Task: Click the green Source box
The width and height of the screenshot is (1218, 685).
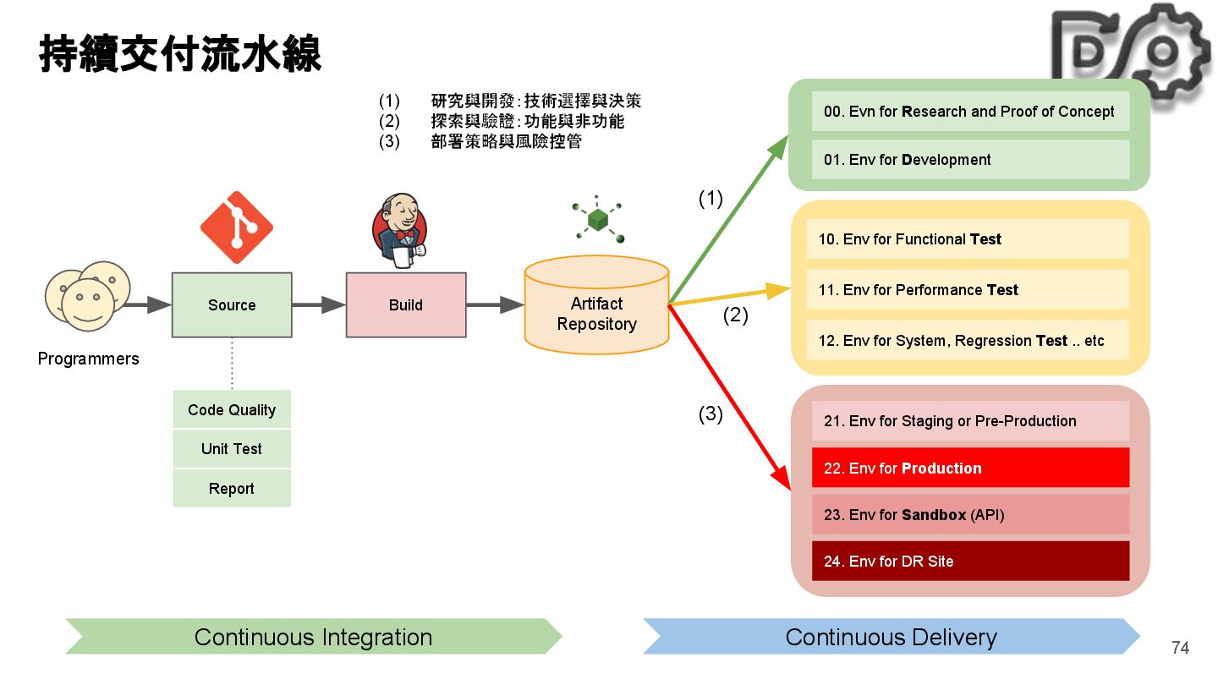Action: [232, 305]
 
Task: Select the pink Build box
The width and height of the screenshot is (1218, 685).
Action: [406, 305]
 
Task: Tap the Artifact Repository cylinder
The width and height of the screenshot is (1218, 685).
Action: [596, 305]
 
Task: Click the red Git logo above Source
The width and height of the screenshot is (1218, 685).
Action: [237, 227]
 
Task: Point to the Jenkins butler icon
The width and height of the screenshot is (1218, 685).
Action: [399, 231]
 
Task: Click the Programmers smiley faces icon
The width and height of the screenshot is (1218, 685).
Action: [88, 296]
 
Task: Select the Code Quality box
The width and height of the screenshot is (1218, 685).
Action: [232, 409]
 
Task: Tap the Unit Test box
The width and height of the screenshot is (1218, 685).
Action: [232, 448]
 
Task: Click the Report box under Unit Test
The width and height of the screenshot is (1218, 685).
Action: [232, 488]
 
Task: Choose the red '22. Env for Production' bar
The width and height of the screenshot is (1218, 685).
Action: [970, 468]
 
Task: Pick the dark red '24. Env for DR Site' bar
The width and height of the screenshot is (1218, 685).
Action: [970, 561]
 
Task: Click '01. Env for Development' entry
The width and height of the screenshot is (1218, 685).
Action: [970, 159]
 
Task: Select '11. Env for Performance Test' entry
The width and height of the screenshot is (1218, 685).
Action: [968, 289]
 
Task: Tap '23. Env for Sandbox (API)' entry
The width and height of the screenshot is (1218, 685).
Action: [970, 514]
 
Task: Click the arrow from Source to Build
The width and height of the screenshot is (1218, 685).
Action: [319, 305]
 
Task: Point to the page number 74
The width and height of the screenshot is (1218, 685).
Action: [1180, 648]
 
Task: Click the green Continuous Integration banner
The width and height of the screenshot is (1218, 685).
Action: [314, 636]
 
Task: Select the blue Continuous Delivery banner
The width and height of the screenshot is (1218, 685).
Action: [892, 636]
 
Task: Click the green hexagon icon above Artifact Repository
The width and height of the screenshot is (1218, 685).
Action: [597, 218]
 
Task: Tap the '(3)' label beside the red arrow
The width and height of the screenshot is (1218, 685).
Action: [710, 414]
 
